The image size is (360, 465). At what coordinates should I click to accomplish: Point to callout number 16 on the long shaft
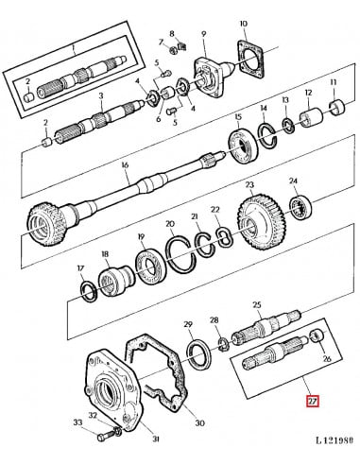point(124,165)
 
